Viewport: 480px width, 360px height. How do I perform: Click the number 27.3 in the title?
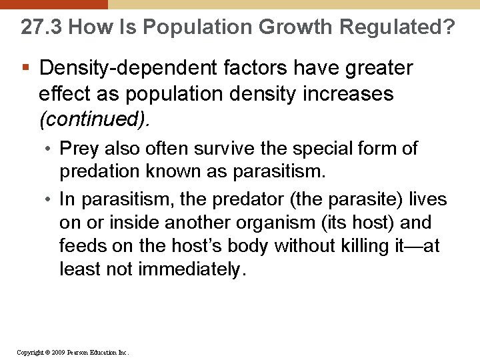tap(41, 27)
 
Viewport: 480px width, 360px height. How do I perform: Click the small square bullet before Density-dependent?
tap(25, 68)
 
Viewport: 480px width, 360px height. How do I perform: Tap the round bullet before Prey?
tap(51, 149)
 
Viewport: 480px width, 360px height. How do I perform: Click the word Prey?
tap(79, 149)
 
